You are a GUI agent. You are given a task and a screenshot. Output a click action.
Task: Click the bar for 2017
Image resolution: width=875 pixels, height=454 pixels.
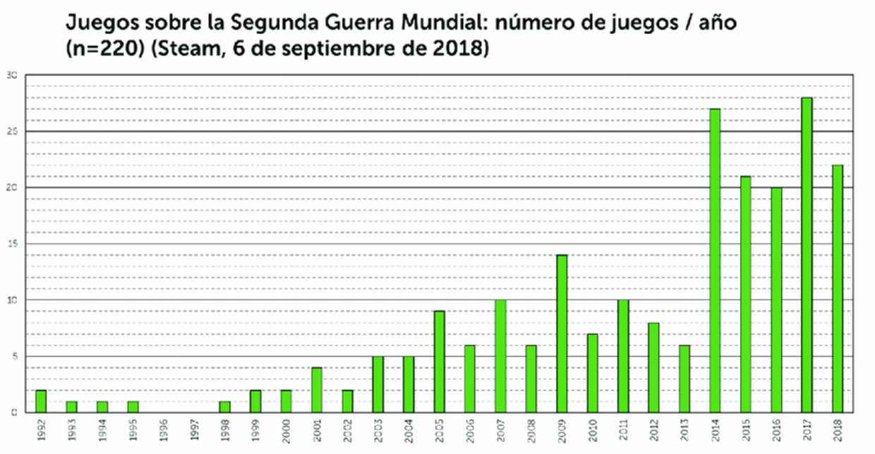(807, 254)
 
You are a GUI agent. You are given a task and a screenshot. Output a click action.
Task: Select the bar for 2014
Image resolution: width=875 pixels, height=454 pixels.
(715, 260)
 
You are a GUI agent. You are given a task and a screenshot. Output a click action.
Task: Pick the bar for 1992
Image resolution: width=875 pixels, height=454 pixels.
(41, 400)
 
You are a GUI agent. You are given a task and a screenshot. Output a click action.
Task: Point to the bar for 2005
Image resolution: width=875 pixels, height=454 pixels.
(439, 362)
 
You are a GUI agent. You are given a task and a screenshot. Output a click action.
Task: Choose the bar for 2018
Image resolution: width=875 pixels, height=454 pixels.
(838, 288)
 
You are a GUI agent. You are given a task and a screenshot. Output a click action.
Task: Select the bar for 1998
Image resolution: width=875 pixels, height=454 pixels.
(224, 406)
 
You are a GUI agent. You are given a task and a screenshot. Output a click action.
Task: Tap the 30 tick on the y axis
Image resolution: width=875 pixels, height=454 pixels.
(12, 75)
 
